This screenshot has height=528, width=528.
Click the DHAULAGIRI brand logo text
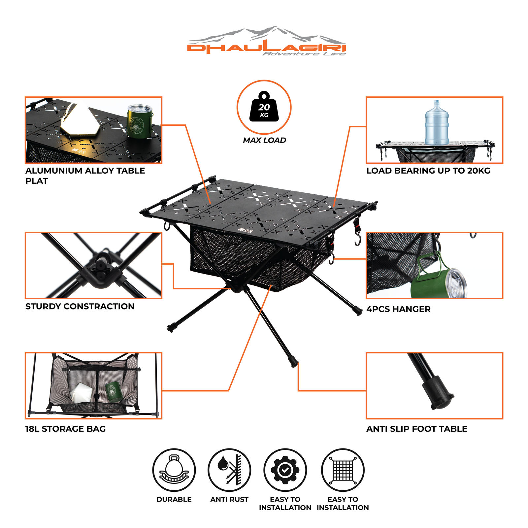click(x=266, y=48)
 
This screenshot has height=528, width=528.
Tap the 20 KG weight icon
click(x=264, y=107)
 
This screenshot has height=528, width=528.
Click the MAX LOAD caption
click(x=264, y=140)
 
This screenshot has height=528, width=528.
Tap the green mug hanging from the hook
click(x=436, y=280)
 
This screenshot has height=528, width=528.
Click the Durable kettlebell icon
click(x=174, y=470)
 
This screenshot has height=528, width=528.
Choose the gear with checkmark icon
click(x=285, y=470)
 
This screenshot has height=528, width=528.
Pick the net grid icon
click(x=343, y=470)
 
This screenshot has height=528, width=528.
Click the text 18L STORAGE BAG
click(x=66, y=429)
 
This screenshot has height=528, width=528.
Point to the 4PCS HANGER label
click(x=398, y=309)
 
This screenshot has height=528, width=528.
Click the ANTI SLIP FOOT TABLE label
click(x=417, y=429)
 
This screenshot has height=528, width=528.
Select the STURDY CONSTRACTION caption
click(x=80, y=306)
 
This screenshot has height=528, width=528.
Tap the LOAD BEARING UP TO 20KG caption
click(x=428, y=171)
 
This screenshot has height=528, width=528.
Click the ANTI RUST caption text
click(x=229, y=499)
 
